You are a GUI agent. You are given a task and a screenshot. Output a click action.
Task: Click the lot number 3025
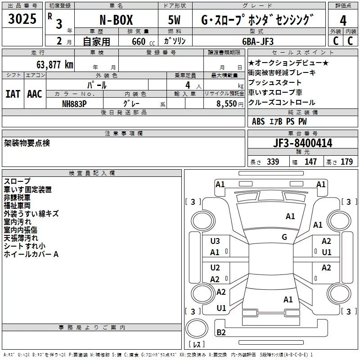[x=22, y=19]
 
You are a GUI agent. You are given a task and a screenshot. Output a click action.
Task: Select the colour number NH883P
[x=75, y=103]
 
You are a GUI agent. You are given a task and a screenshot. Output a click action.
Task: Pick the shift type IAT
[x=13, y=94]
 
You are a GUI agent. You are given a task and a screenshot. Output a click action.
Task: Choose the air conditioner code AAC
[x=35, y=94]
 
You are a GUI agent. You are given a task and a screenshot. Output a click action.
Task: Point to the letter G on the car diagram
[x=284, y=237]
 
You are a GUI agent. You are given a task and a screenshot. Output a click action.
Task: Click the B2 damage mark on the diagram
[x=221, y=333]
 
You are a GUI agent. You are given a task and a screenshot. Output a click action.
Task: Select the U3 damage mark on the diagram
[x=215, y=241]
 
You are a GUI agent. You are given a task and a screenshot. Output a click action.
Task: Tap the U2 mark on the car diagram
[x=215, y=268]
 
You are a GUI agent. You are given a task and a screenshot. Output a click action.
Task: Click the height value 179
[x=346, y=162]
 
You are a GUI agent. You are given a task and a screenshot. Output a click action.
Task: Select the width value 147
[x=310, y=162]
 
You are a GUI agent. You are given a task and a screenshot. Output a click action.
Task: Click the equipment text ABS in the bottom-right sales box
[x=258, y=121]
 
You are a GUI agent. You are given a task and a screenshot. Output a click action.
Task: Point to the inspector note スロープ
[x=18, y=181]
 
